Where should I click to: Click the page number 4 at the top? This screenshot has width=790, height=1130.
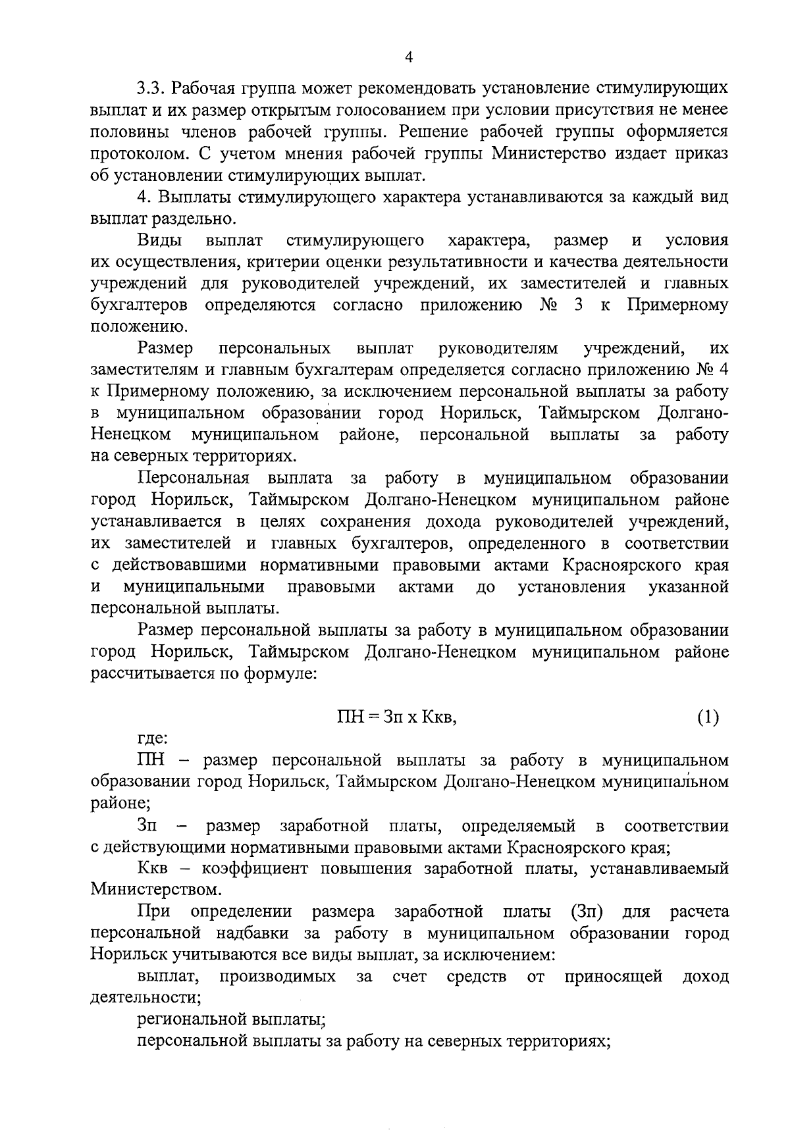tap(408, 58)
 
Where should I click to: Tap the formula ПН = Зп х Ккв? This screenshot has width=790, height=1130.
tap(396, 717)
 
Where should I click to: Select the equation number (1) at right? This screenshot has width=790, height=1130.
tap(708, 717)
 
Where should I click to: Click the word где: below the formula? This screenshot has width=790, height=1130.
tap(153, 739)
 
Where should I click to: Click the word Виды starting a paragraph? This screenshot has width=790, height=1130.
tap(160, 240)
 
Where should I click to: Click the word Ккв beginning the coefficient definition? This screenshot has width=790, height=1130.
tap(154, 869)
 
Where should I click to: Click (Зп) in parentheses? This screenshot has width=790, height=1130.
tap(584, 912)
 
